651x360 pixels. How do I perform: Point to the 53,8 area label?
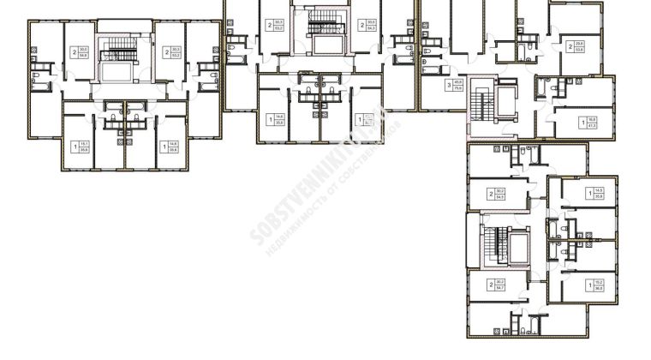tap(580, 49)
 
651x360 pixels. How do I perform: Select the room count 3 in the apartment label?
tap(448, 84)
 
